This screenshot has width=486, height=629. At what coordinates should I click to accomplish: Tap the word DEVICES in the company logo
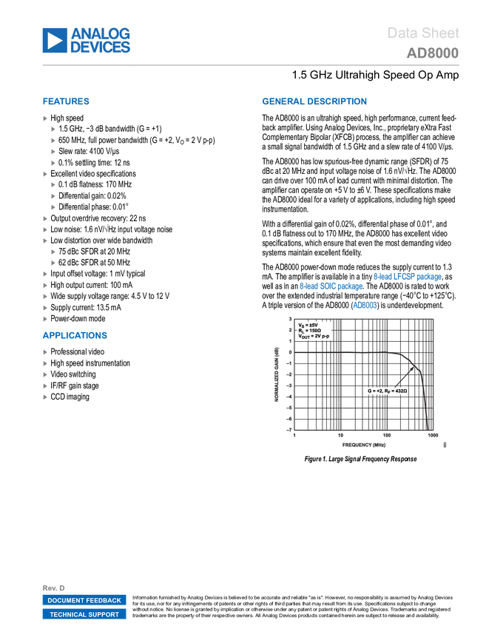[x=101, y=48]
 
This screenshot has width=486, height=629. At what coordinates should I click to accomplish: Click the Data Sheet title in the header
[x=424, y=33]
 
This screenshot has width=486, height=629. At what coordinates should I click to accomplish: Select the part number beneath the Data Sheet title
[x=432, y=53]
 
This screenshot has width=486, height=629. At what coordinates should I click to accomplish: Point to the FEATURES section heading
[x=66, y=102]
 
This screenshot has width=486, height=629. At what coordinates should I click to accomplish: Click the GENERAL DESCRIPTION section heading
[x=314, y=102]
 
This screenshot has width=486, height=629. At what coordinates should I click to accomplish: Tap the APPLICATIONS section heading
[x=75, y=336]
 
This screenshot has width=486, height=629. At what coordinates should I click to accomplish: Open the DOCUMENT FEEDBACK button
[x=84, y=600]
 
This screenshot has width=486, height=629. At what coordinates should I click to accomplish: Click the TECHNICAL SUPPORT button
[x=84, y=614]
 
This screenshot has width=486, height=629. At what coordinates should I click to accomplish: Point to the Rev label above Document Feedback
[x=53, y=588]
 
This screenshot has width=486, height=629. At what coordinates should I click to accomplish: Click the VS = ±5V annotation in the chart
[x=308, y=324]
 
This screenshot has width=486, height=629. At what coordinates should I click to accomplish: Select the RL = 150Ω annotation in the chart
[x=310, y=330]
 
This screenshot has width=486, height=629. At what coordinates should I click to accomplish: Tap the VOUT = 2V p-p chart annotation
[x=314, y=336]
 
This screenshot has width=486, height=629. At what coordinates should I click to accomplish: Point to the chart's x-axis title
[x=363, y=445]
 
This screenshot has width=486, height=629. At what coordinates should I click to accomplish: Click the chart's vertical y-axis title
[x=277, y=376]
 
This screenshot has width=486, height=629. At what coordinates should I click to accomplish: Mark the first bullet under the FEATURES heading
[x=45, y=118]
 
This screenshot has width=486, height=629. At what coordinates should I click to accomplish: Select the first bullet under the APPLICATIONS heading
[x=45, y=352]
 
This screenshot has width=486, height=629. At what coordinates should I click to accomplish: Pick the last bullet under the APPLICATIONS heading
[x=45, y=397]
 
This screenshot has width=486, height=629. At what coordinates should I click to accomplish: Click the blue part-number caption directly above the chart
[x=365, y=305]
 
